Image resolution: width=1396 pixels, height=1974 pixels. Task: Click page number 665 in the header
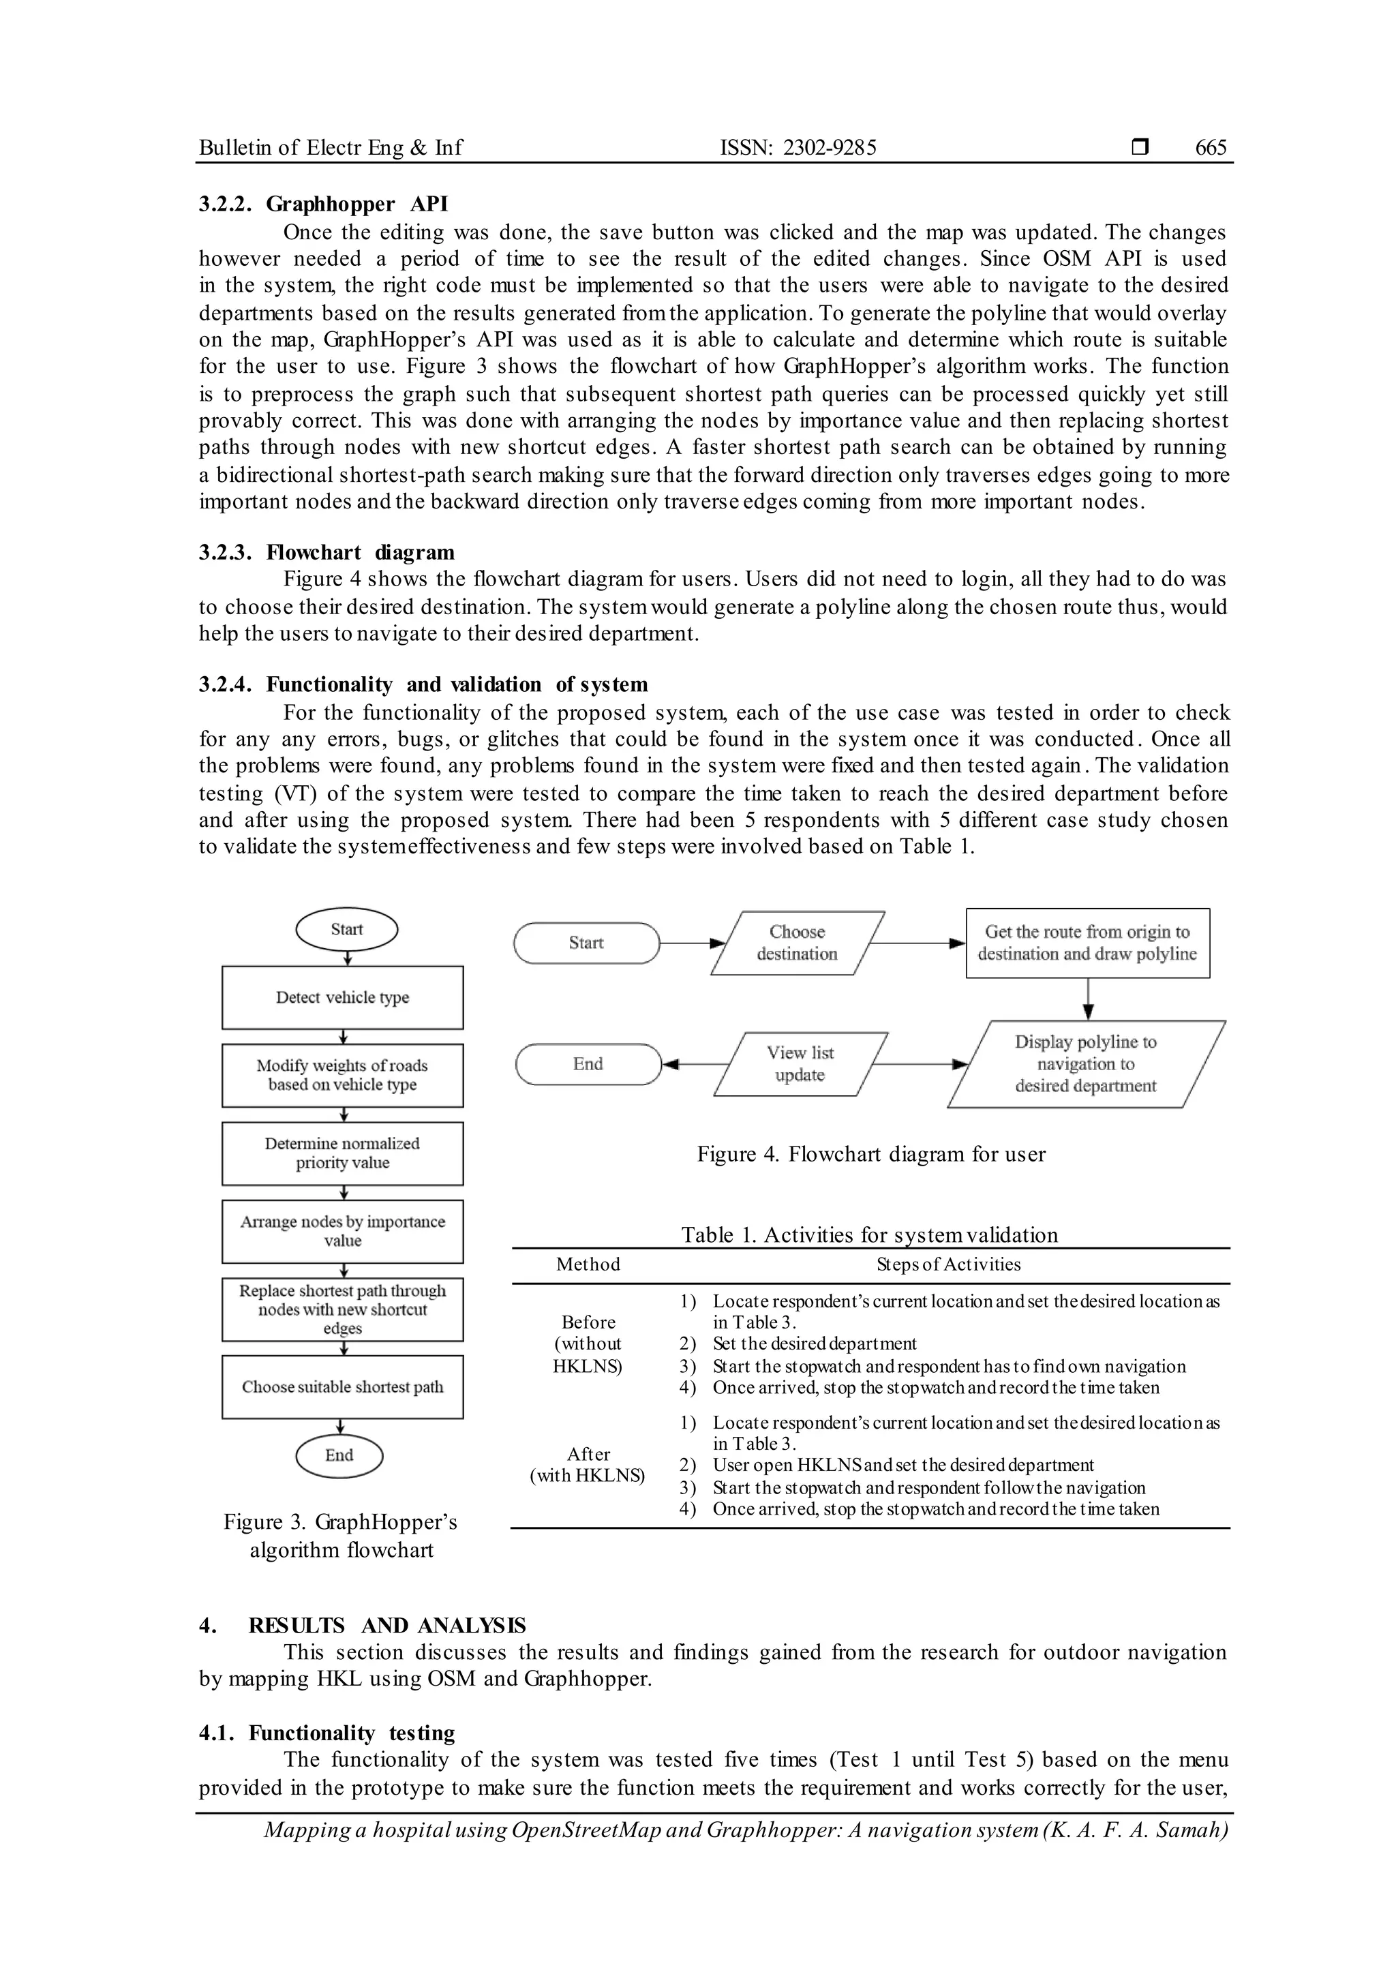click(1211, 148)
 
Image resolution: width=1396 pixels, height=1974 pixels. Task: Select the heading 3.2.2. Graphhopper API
click(323, 204)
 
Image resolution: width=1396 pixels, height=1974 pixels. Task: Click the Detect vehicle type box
click(342, 997)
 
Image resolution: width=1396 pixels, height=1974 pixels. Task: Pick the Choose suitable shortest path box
click(342, 1387)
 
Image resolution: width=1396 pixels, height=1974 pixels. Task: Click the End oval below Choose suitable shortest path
click(339, 1455)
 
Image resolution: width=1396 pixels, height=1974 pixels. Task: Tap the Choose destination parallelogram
click(797, 943)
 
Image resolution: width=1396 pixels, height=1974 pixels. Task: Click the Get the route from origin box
click(1087, 943)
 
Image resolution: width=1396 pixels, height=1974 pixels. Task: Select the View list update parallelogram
click(800, 1065)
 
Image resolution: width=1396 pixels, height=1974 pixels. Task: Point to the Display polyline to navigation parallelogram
click(1086, 1065)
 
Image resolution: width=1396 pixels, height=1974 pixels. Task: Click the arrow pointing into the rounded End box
click(688, 1065)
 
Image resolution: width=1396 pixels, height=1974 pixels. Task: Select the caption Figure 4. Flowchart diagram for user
click(870, 1155)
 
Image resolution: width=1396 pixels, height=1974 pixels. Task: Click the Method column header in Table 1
click(588, 1264)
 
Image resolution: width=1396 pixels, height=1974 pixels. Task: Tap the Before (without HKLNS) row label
click(588, 1343)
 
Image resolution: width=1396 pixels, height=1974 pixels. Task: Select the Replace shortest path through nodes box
click(342, 1309)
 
